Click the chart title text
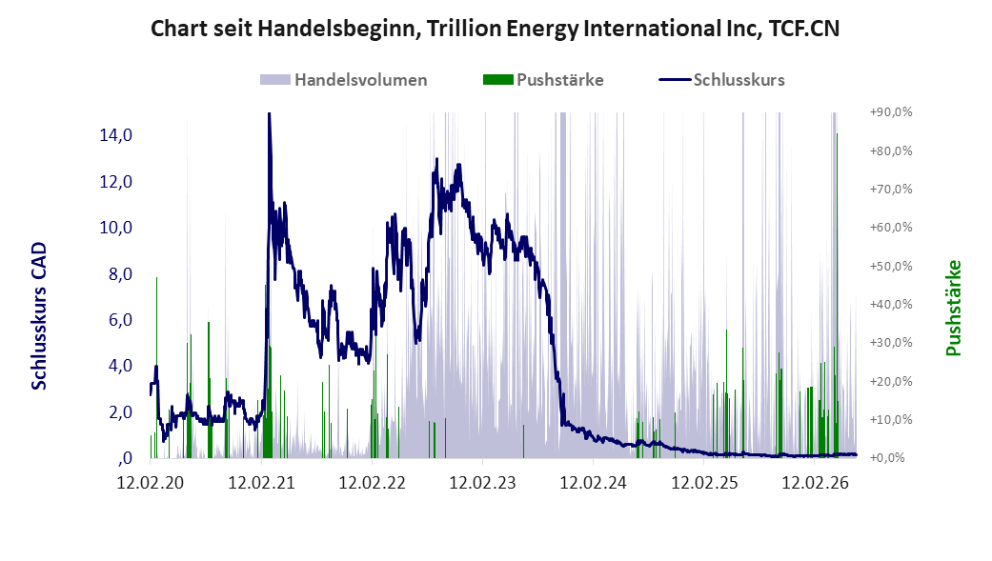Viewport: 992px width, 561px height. pyautogui.click(x=495, y=29)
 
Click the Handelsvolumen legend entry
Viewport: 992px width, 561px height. pyautogui.click(x=343, y=80)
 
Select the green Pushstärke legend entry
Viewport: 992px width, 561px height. pyautogui.click(x=543, y=80)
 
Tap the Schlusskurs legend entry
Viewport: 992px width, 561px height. pyautogui.click(x=722, y=80)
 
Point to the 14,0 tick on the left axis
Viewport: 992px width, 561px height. pyautogui.click(x=115, y=134)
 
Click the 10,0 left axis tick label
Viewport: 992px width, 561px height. pyautogui.click(x=115, y=227)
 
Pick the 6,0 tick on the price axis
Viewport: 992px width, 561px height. pyautogui.click(x=120, y=319)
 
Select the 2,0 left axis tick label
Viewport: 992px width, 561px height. pyautogui.click(x=120, y=411)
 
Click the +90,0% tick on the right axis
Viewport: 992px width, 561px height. pyautogui.click(x=891, y=112)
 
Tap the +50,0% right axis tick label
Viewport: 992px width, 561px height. pyautogui.click(x=891, y=266)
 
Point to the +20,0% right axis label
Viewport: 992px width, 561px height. pyautogui.click(x=891, y=381)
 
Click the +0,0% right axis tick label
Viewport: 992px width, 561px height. pyautogui.click(x=887, y=457)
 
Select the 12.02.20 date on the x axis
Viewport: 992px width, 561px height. pyautogui.click(x=151, y=483)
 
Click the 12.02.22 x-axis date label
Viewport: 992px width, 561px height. pyautogui.click(x=372, y=483)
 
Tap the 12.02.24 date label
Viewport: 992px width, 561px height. pyautogui.click(x=594, y=483)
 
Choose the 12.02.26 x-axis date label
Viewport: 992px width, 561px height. pyautogui.click(x=816, y=483)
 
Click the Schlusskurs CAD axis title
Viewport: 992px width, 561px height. pyautogui.click(x=39, y=316)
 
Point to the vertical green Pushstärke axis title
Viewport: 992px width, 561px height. pyautogui.click(x=953, y=308)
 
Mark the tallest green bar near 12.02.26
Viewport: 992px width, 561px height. pyautogui.click(x=837, y=295)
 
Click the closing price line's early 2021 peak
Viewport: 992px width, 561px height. pyautogui.click(x=269, y=114)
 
